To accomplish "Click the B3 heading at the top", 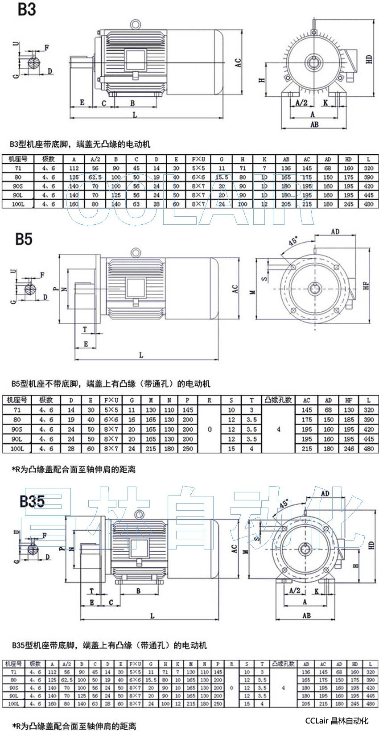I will (x=26, y=9).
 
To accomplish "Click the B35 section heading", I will (x=32, y=501).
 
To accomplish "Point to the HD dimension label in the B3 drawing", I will (x=369, y=59).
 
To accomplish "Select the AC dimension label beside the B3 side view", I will (x=238, y=62).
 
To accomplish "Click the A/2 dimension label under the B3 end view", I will (x=302, y=103).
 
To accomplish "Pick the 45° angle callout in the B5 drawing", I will (x=292, y=242).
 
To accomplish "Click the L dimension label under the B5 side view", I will (x=141, y=355).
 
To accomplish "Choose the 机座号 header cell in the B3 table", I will (x=18, y=159).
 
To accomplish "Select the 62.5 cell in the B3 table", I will (x=95, y=177).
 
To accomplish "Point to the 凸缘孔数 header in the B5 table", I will (x=279, y=400).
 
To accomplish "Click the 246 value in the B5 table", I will (x=349, y=449).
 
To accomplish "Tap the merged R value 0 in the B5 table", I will (x=210, y=430).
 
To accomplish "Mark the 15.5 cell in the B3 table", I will (x=222, y=177).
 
